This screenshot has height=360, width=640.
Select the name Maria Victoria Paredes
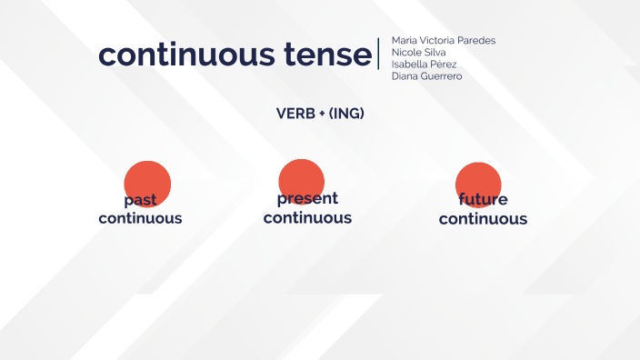point(443,41)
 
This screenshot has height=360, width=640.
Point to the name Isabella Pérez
point(424,65)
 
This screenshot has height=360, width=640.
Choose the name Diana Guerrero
point(426,76)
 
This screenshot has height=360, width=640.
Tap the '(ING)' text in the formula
point(346,114)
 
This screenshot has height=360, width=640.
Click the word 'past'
point(141,200)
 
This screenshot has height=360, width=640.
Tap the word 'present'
point(307,198)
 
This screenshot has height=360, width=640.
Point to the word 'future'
point(483,200)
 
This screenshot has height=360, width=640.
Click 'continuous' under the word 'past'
point(140,218)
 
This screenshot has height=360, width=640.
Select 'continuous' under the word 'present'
point(307,218)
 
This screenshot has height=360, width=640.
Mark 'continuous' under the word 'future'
point(483,219)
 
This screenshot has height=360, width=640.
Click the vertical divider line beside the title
point(378,54)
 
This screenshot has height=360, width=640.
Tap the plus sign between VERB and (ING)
point(322,114)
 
